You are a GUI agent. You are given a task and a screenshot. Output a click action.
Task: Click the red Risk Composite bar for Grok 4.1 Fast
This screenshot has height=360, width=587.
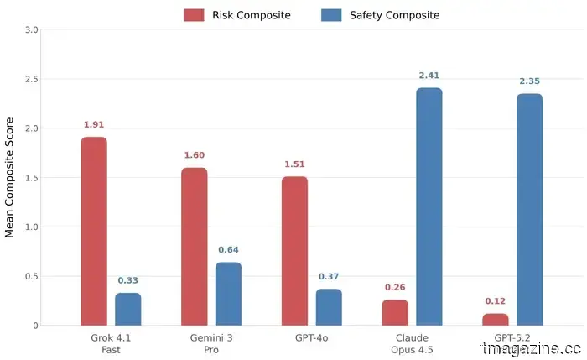tap(94, 231)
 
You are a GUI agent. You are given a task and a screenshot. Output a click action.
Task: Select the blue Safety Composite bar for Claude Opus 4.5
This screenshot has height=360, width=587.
tap(429, 206)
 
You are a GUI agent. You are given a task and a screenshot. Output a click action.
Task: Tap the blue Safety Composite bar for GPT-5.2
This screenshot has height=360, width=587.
tap(529, 209)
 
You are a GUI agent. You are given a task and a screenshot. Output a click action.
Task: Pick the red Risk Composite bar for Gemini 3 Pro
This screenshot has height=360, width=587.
tap(194, 246)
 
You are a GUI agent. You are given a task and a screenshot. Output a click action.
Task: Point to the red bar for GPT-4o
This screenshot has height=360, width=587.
tap(294, 250)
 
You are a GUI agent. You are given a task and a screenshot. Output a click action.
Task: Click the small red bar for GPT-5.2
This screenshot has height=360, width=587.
tap(496, 319)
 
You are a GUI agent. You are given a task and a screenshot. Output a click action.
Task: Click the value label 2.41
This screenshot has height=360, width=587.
tap(429, 76)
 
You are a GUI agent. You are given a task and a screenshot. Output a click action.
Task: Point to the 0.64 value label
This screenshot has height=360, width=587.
tap(228, 250)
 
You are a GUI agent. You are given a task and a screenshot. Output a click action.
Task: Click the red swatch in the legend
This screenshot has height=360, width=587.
tap(194, 15)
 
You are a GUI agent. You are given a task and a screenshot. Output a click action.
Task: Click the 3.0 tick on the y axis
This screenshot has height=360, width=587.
tap(31, 30)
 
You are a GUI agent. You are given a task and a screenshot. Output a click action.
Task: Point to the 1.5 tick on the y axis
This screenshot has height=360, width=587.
tap(31, 178)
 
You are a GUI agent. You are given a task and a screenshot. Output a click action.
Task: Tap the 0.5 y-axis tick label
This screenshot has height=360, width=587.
tap(31, 276)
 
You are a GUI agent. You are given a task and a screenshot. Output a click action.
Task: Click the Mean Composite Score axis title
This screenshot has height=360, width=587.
tap(10, 177)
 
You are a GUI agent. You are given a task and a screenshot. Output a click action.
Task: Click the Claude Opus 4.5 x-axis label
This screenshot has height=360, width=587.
tap(412, 343)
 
